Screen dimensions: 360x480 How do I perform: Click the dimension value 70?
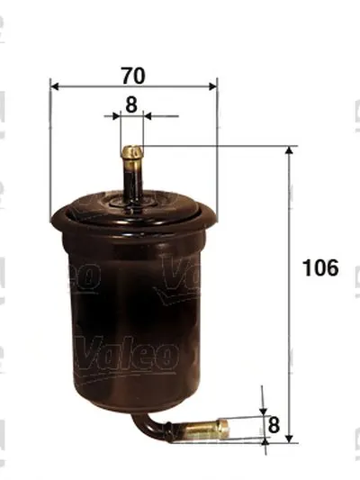point(133,76)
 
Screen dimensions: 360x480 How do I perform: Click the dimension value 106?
point(320,267)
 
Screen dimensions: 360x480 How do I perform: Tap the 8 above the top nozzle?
point(130,104)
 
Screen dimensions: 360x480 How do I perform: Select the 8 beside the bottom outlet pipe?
point(274,425)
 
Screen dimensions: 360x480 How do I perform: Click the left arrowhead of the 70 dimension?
point(54,86)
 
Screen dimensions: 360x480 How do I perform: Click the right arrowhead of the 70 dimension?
point(213,86)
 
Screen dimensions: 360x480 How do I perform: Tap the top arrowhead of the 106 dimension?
point(289,150)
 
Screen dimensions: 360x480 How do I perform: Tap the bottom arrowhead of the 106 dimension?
point(289,438)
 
